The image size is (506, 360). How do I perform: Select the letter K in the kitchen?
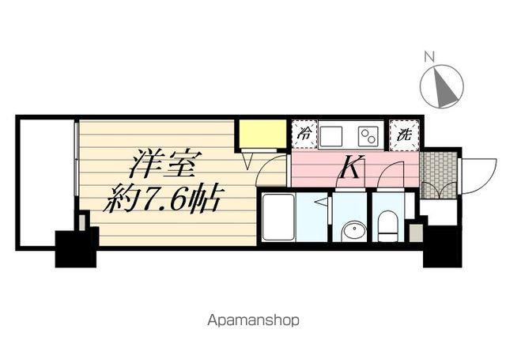(351, 167)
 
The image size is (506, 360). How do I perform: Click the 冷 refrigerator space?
(304, 134)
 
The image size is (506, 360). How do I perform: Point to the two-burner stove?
(368, 134)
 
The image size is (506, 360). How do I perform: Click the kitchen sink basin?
(330, 134)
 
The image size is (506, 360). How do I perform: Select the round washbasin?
(353, 230)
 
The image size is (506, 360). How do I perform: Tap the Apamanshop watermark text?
(253, 320)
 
